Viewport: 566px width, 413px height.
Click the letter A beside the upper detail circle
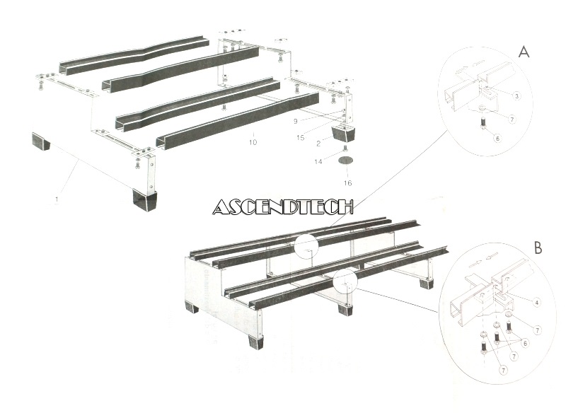pos(524,52)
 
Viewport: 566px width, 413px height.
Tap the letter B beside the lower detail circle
pos(538,248)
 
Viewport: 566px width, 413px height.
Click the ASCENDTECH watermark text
pos(282,206)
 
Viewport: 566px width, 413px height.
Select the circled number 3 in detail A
pos(517,96)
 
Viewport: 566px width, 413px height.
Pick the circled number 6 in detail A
pos(498,139)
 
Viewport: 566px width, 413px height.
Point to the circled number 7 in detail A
pos(512,119)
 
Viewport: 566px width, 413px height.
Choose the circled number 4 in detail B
pos(537,302)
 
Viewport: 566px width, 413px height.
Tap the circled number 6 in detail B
pos(525,343)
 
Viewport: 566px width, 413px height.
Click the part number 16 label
pos(347,183)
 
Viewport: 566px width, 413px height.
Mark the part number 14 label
pos(318,161)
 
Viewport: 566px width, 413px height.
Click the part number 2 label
pos(318,144)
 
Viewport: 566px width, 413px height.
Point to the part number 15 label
pos(300,137)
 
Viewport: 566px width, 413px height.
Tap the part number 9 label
pos(296,121)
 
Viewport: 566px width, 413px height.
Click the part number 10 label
pos(253,142)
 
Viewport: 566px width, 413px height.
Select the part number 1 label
pos(57,199)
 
